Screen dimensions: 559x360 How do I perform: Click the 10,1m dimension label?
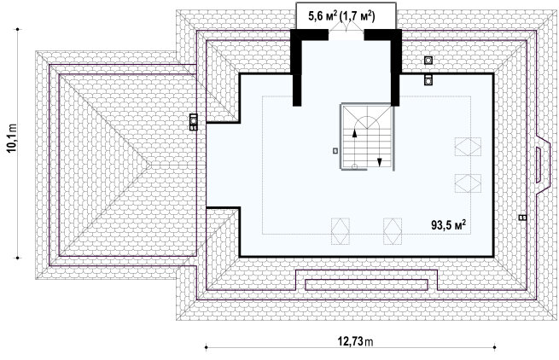coord(12,138)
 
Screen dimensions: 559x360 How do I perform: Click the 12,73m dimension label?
coord(355,342)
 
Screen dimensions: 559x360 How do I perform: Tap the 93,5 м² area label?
coord(449,224)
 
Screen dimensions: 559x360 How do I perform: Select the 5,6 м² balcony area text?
coord(323,17)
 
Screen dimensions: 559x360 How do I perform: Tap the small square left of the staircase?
coord(335,151)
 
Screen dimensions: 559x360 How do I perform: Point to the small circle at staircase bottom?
coord(354,166)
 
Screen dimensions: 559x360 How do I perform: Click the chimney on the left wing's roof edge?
coord(193,122)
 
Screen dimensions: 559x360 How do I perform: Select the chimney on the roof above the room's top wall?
coord(428,61)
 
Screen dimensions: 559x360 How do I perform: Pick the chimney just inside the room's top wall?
coord(428,80)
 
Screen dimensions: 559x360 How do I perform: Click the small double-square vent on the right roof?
coord(522,218)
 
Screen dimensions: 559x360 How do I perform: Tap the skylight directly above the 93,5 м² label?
coord(468,183)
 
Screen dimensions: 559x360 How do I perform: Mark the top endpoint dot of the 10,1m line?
coord(17,29)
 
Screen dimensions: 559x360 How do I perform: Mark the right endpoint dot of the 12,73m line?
coord(494,347)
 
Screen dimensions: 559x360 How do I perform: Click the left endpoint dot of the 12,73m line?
coord(206,347)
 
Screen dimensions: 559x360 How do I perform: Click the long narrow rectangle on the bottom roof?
coord(366,284)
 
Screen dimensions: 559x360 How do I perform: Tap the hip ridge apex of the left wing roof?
coord(150,165)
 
